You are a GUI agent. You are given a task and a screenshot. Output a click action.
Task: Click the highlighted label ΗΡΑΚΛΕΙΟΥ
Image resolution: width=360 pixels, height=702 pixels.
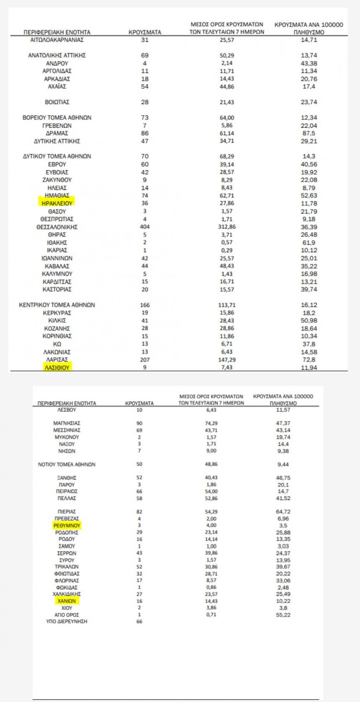(57, 203)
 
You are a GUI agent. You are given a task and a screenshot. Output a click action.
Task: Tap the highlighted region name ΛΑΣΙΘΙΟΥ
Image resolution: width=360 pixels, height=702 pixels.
(57, 368)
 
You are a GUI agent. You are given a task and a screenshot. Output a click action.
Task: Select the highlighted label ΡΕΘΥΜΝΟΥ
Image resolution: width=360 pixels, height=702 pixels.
(67, 525)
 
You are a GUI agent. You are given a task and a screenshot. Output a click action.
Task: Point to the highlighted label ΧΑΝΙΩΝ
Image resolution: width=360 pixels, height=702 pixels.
(67, 601)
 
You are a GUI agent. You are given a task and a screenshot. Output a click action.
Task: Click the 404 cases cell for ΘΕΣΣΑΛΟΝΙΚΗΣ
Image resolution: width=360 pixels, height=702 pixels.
(145, 227)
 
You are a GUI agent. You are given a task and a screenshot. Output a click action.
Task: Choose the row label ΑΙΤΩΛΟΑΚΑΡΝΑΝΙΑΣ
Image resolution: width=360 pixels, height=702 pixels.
(57, 40)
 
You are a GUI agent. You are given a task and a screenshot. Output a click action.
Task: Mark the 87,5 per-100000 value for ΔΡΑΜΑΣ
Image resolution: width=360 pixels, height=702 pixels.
(309, 133)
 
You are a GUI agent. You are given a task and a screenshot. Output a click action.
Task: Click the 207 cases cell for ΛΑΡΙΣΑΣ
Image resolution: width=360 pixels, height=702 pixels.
(145, 360)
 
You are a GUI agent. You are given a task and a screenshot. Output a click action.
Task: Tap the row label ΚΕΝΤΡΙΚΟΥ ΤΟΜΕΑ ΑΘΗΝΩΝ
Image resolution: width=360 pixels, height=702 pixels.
(57, 305)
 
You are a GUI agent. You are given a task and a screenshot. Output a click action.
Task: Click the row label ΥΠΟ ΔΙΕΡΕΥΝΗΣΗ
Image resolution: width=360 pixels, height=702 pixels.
(67, 622)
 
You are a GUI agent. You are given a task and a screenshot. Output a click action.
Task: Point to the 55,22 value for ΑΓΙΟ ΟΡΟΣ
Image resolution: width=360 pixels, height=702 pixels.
(283, 615)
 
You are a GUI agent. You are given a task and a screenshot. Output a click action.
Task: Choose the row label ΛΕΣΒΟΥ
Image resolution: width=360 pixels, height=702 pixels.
(67, 410)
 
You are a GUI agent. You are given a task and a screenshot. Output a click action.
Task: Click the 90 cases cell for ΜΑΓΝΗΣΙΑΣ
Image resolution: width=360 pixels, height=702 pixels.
(139, 423)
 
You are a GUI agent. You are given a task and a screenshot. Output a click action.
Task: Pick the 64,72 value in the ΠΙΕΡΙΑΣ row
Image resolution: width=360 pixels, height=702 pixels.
(283, 512)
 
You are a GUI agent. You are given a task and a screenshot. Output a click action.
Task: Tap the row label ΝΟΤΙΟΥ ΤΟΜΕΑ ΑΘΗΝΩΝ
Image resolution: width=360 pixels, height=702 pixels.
(67, 464)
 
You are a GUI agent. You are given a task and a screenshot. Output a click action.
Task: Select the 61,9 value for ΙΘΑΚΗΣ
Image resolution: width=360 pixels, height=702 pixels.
(309, 243)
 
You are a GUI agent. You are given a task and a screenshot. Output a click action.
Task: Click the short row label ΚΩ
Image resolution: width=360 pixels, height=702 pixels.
(57, 344)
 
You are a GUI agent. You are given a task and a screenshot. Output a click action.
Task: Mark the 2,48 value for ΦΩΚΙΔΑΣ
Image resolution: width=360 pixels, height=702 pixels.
(283, 587)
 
